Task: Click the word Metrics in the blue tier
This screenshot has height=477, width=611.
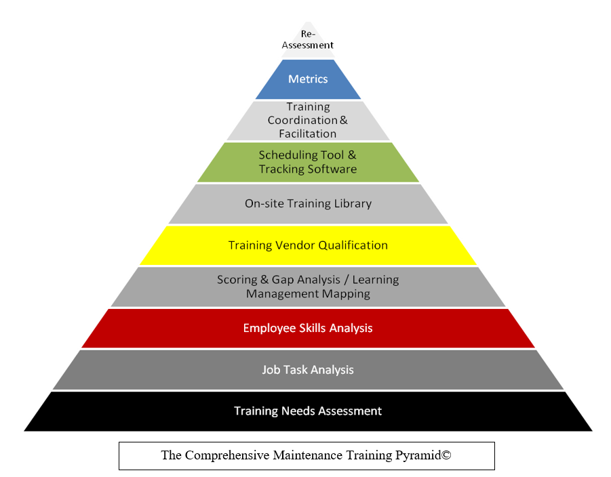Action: [308, 79]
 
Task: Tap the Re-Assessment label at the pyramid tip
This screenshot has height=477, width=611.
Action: [308, 40]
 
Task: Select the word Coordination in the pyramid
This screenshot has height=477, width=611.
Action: [302, 120]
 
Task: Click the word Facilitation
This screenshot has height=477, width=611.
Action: [307, 133]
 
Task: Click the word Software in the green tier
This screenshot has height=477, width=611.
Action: [332, 169]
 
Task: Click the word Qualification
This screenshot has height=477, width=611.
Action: [353, 245]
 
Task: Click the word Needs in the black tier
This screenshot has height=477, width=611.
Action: [294, 411]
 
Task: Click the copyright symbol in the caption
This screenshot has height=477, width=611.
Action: [447, 455]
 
